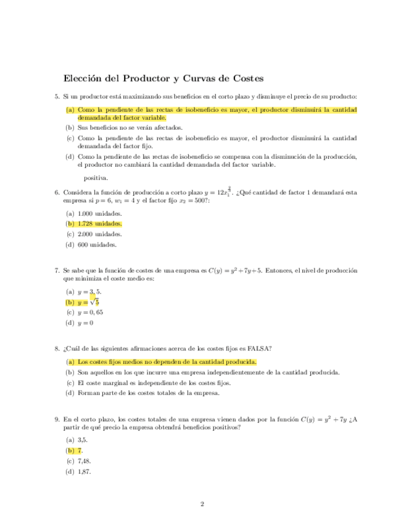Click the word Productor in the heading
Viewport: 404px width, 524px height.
[x=148, y=79]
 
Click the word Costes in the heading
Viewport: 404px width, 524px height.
[x=245, y=79]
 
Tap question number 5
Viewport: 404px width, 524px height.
[x=57, y=96]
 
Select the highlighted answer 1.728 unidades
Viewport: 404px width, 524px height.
[x=100, y=224]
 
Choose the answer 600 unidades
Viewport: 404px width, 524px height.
[x=97, y=244]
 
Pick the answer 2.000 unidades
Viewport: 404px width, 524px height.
[x=100, y=234]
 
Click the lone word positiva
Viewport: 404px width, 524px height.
[x=95, y=178]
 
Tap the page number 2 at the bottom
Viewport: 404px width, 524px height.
[x=202, y=504]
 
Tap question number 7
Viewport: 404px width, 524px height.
[x=57, y=271]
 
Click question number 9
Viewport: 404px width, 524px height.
[x=57, y=419]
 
